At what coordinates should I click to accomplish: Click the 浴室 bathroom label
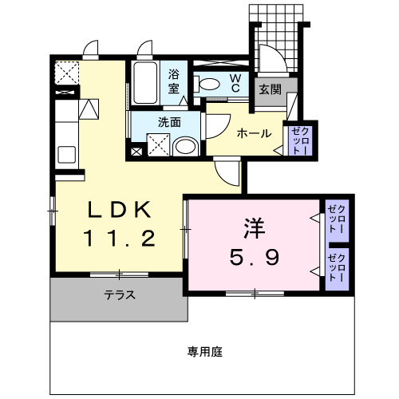coord(173,81)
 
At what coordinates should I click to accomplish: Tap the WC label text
coord(236,82)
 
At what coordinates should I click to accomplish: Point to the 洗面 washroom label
coord(168,122)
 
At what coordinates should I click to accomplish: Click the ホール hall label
coord(254,133)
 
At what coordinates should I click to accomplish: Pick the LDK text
coord(118,210)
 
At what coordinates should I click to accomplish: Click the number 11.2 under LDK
coord(118,238)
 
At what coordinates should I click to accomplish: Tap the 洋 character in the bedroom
coord(255,227)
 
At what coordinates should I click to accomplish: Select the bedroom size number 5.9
coord(255,257)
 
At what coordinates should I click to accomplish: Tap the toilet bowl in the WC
coord(210,83)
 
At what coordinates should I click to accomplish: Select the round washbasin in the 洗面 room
coord(186,146)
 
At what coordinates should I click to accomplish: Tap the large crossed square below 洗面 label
coord(158,144)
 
